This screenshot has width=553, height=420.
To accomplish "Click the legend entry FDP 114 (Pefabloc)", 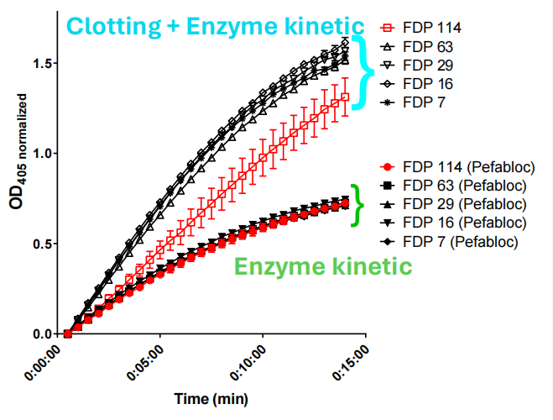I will tap(458, 166).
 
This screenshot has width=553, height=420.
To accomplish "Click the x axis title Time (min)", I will tap(211, 397).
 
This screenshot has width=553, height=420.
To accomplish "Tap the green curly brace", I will tap(358, 204).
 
